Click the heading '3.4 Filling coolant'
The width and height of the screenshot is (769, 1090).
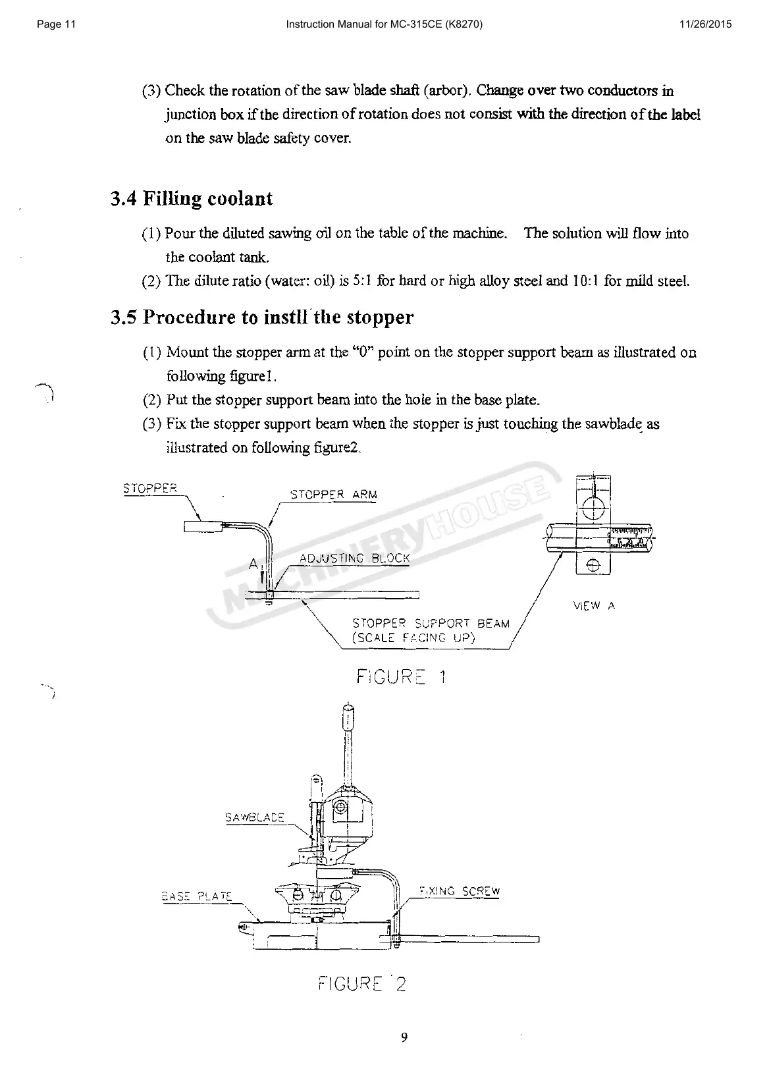coord(192,199)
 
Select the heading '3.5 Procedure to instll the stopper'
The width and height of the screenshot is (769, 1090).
coord(262,317)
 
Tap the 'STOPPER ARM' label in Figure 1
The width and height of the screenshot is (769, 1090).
coord(334,494)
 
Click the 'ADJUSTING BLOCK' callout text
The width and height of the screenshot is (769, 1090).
coord(354,559)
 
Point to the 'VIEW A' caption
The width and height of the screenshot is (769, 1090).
coord(594,606)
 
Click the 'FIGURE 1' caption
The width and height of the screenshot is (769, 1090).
coord(401,676)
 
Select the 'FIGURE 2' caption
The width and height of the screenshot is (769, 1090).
coord(361,984)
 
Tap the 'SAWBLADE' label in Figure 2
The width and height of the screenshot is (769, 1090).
coord(254,817)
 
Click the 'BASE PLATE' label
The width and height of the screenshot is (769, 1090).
coord(197,896)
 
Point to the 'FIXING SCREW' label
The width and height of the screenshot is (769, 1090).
coord(459,892)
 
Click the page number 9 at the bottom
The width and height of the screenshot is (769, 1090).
coord(404,1038)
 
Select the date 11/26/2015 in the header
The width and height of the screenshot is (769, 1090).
coord(704,25)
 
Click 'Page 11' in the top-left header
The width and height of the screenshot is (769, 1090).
coord(57,25)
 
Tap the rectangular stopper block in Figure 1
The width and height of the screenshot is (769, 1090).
coord(203,526)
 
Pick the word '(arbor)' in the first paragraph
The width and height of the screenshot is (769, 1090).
coord(447,90)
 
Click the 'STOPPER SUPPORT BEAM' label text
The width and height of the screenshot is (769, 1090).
coord(431,623)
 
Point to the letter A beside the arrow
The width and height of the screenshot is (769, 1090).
coord(253,564)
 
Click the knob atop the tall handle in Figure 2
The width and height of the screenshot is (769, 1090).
coord(348,713)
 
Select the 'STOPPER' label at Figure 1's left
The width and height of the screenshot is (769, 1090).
coord(150,488)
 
